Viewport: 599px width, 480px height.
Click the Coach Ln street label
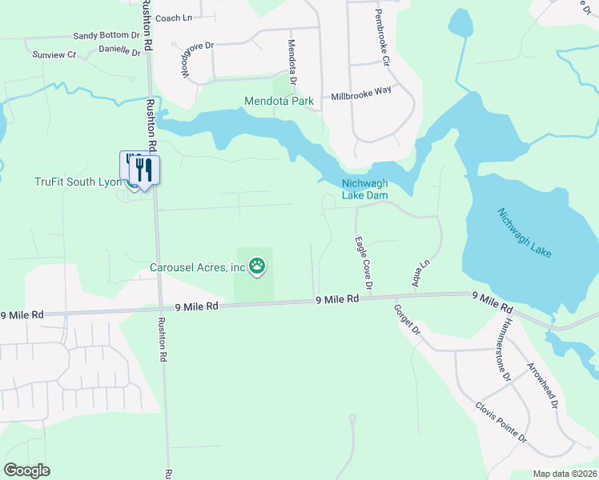pos(175,18)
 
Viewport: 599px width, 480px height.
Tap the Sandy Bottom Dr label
pos(106,36)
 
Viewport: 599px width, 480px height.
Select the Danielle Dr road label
pos(119,50)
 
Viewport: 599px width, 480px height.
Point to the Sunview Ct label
pos(54,55)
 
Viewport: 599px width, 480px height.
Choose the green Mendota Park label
pos(279,102)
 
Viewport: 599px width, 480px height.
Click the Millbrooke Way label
pos(361,94)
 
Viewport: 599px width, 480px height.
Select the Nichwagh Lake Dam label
pos(364,188)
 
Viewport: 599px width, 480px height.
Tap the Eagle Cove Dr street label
pos(363,263)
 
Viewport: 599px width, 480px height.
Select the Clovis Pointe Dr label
pos(501,423)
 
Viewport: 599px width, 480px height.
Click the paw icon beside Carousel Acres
pos(256,266)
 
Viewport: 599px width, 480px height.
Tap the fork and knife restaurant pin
pos(144,170)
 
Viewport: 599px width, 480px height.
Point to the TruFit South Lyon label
pos(77,182)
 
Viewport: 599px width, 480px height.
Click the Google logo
pos(27,470)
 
